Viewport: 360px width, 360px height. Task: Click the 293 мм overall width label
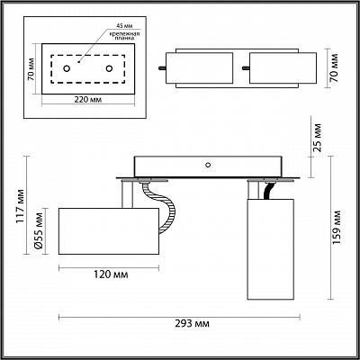192,324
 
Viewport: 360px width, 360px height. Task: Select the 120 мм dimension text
111,274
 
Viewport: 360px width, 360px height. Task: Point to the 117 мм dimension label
20,206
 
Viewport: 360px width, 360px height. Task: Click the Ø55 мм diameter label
39,231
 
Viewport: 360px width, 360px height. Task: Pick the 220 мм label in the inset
88,100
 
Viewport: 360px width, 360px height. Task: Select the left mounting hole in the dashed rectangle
67,68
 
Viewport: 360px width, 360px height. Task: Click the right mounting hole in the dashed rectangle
109,68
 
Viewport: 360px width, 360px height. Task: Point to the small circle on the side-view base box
208,165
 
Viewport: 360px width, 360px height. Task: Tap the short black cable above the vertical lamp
269,191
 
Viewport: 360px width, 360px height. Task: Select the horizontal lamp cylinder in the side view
109,231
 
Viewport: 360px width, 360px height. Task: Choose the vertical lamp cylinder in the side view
270,249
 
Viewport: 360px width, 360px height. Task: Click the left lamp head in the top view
199,68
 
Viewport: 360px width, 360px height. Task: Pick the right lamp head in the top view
283,68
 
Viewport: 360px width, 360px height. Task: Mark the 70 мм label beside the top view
333,68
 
